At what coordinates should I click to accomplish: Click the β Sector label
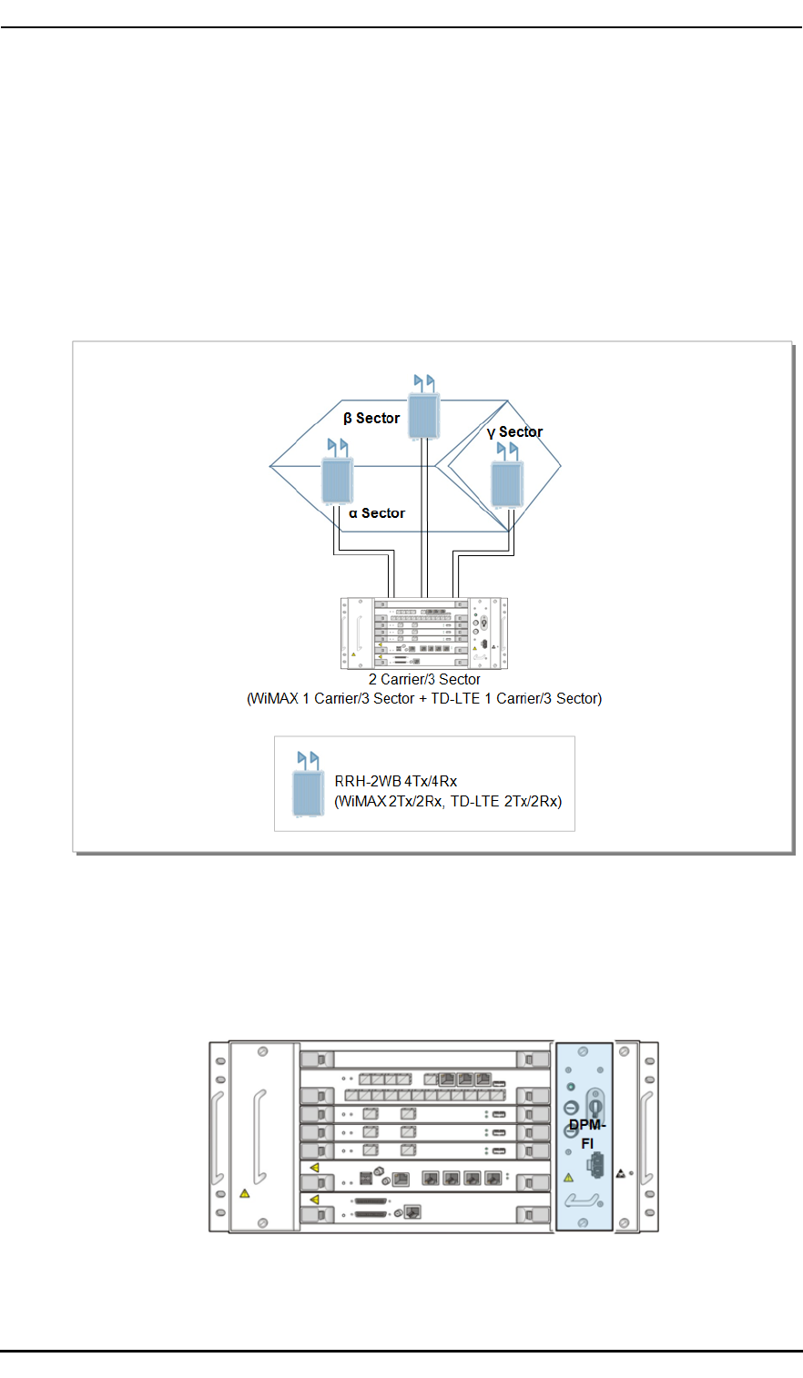coord(371,419)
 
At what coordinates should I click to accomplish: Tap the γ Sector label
coord(514,432)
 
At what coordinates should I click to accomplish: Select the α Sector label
coord(376,513)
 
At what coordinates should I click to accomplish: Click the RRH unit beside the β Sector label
coord(423,415)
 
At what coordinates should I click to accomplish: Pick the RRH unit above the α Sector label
coord(337,480)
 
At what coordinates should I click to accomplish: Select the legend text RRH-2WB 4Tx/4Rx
coord(395,781)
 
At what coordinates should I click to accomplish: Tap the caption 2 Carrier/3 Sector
coord(424,679)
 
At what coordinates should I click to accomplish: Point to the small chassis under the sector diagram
coord(423,633)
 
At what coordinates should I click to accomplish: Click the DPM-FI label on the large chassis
coord(587,1134)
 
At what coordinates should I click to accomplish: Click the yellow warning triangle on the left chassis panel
coord(244,1193)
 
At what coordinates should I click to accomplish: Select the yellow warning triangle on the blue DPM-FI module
coord(569,1177)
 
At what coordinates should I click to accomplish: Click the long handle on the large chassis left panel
coord(259,1136)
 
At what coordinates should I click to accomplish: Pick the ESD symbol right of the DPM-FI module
coord(621,1174)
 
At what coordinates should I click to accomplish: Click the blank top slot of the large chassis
coord(425,1059)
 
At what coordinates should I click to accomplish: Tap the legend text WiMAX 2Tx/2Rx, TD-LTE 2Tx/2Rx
coord(448,802)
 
